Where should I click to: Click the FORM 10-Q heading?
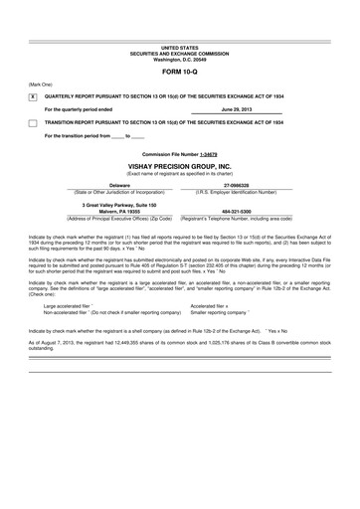click(x=180, y=73)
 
